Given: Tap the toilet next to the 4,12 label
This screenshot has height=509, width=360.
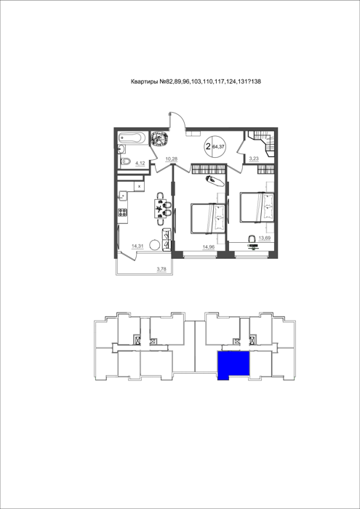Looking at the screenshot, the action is [x=125, y=161].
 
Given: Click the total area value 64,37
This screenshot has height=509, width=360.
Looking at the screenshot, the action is [x=218, y=147].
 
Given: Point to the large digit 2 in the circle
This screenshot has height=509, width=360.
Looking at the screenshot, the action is [x=208, y=146].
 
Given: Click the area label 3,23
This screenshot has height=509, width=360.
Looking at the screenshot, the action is [x=254, y=159].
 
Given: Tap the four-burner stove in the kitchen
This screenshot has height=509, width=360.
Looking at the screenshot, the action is [x=123, y=212].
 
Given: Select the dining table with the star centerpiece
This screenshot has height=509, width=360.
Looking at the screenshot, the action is [x=159, y=209].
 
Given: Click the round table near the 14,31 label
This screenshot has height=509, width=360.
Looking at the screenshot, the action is [x=154, y=244].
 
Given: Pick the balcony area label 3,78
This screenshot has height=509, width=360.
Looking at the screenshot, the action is [x=161, y=268].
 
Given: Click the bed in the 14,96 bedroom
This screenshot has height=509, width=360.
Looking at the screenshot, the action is [x=208, y=218].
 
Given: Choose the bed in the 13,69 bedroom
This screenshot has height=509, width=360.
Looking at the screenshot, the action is [x=257, y=207].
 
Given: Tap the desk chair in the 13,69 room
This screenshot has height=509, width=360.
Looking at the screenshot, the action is [x=252, y=239].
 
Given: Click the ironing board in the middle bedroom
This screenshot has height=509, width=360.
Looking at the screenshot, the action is [x=215, y=181].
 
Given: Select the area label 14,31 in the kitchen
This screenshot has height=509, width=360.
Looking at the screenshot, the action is [x=137, y=246].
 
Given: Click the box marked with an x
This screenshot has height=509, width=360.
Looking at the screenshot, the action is [x=139, y=186].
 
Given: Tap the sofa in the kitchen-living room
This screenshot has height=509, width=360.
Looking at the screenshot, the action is [x=167, y=239].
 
